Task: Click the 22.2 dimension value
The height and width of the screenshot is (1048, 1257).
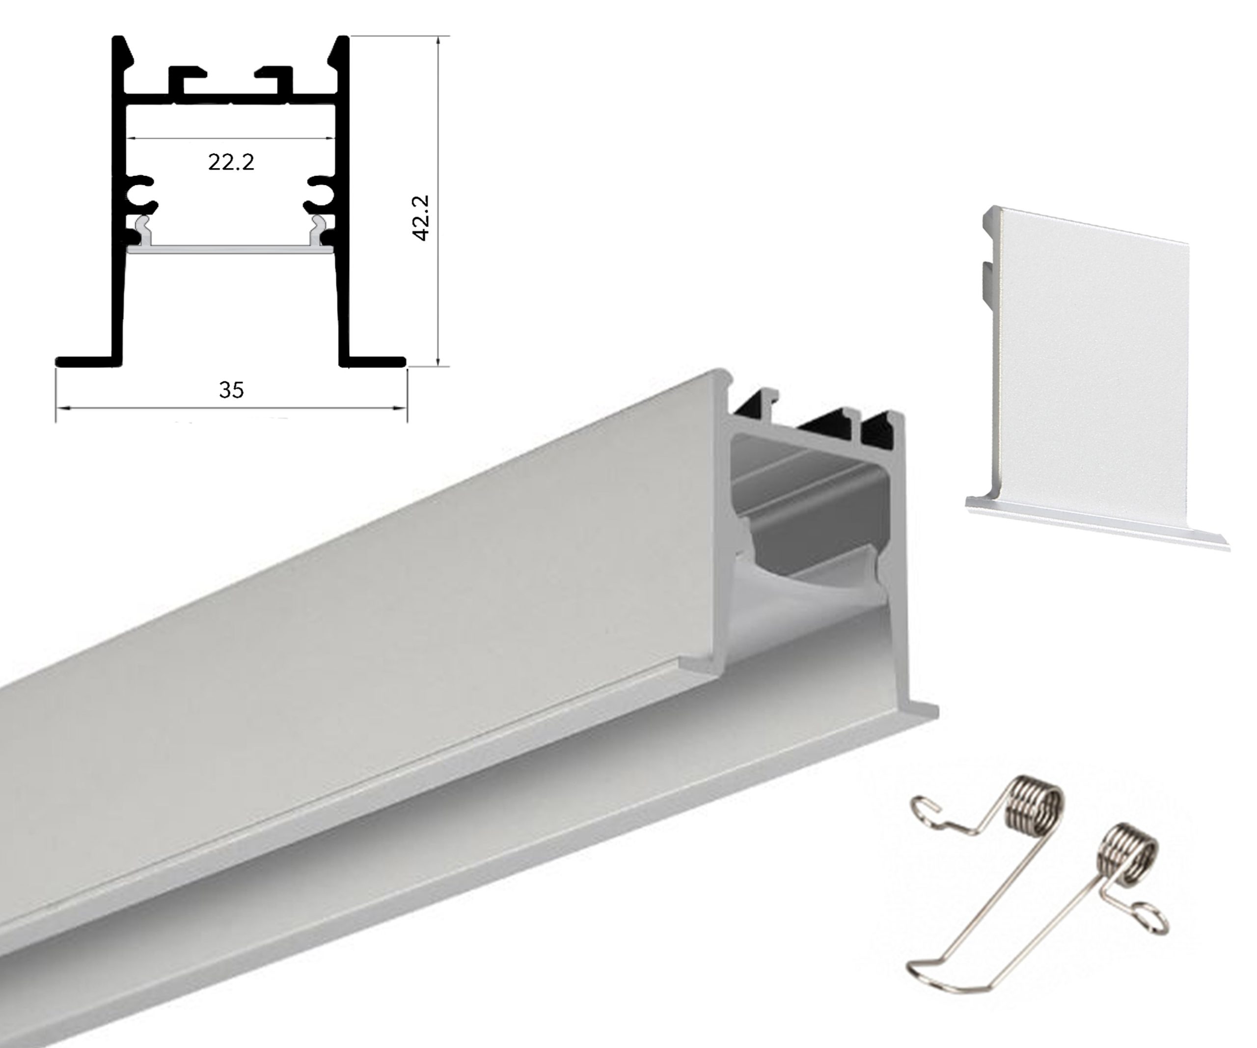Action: point(231,162)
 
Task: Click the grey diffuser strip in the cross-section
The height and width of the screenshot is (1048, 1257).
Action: point(230,248)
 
